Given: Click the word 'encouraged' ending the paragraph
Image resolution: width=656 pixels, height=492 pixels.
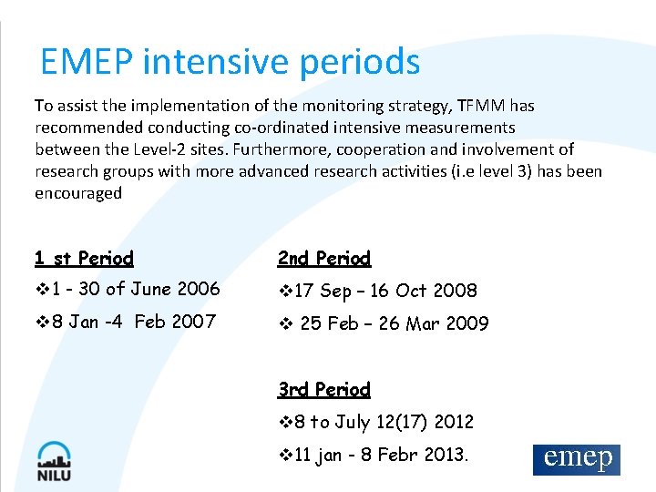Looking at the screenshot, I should [x=78, y=193].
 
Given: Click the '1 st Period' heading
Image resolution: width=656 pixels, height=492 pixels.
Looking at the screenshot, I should [x=84, y=259].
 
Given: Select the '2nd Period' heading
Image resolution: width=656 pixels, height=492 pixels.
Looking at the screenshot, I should [x=324, y=259].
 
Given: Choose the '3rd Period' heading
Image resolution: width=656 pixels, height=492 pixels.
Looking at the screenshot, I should [x=324, y=390].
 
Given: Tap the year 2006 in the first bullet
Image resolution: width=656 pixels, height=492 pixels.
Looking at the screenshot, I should [x=199, y=289].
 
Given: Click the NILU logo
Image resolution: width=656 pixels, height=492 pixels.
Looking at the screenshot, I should [x=55, y=460].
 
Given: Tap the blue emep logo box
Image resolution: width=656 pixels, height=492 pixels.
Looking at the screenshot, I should [x=576, y=459].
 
